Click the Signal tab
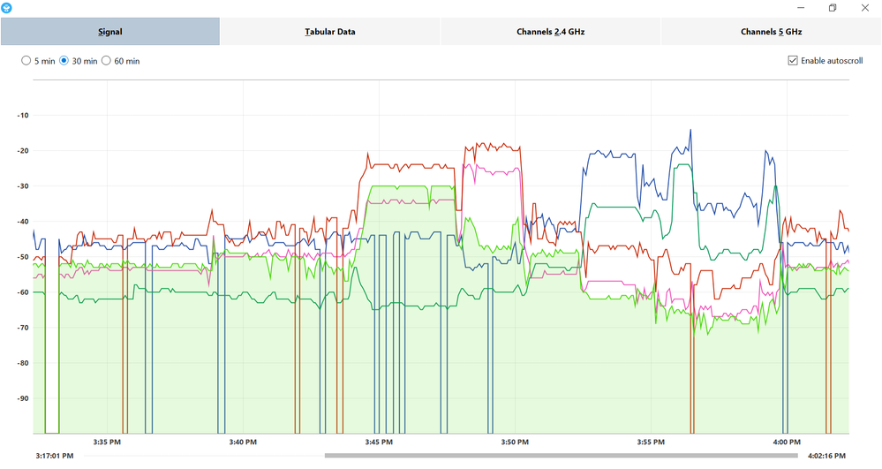coord(109,32)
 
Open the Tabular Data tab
coord(330,32)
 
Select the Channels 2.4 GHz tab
coord(551,32)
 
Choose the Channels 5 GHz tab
coord(771,32)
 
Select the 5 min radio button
coord(26,61)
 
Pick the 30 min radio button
coord(64,61)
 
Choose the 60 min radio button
coord(107,61)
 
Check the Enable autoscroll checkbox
coord(793,61)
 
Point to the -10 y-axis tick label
coord(23,115)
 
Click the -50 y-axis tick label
coord(23,256)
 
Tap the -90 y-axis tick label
coord(23,397)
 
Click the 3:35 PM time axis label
coord(107,442)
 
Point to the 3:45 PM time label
coord(379,442)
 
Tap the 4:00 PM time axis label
coord(788,442)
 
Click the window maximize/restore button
coord(832,8)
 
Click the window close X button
coord(864,8)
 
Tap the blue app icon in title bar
coord(7,8)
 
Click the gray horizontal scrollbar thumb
coord(562,456)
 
